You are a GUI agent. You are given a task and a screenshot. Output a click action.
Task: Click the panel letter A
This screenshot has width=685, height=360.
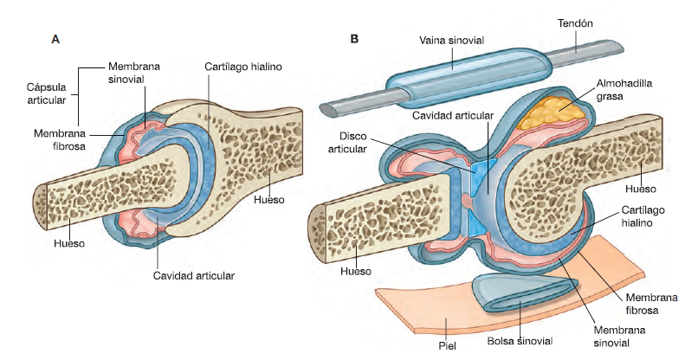pyautogui.click(x=56, y=39)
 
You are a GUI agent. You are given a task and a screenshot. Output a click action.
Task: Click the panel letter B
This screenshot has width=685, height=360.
pyautogui.click(x=353, y=39)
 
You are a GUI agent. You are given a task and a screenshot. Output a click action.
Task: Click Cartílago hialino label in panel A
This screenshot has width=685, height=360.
pyautogui.click(x=243, y=66)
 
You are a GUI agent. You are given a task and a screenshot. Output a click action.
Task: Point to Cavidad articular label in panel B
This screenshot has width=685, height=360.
pyautogui.click(x=453, y=115)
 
